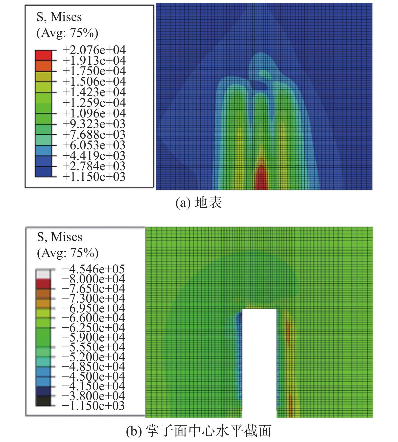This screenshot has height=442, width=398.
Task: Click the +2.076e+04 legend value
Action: (94, 50)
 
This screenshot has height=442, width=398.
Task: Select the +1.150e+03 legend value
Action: (94, 177)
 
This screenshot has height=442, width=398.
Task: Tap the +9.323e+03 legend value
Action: (94, 124)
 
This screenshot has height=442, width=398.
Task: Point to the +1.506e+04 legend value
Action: (94, 82)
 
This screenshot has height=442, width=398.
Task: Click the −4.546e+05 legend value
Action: (93, 269)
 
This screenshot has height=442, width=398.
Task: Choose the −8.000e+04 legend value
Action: (93, 279)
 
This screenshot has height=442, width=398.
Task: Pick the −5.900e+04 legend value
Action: (93, 337)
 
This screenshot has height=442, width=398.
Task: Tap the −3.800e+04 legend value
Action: (93, 396)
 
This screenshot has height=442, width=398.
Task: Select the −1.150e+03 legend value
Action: (93, 406)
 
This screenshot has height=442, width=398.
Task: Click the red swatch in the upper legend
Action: (43, 55)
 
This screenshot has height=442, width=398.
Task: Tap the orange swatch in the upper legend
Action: (43, 66)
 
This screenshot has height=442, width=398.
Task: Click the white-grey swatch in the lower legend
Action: (43, 274)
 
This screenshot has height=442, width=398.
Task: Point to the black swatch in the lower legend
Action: (43, 401)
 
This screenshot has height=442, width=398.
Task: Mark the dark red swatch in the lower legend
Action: (43, 284)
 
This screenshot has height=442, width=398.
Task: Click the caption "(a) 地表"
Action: (199, 203)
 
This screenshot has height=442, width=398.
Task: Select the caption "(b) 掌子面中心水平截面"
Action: (199, 431)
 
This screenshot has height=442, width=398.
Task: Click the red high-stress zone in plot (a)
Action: (261, 178)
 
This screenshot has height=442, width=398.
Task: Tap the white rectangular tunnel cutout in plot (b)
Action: (259, 361)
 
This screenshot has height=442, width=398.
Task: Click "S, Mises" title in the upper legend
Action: (59, 17)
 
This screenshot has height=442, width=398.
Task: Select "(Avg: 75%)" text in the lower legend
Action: (67, 253)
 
